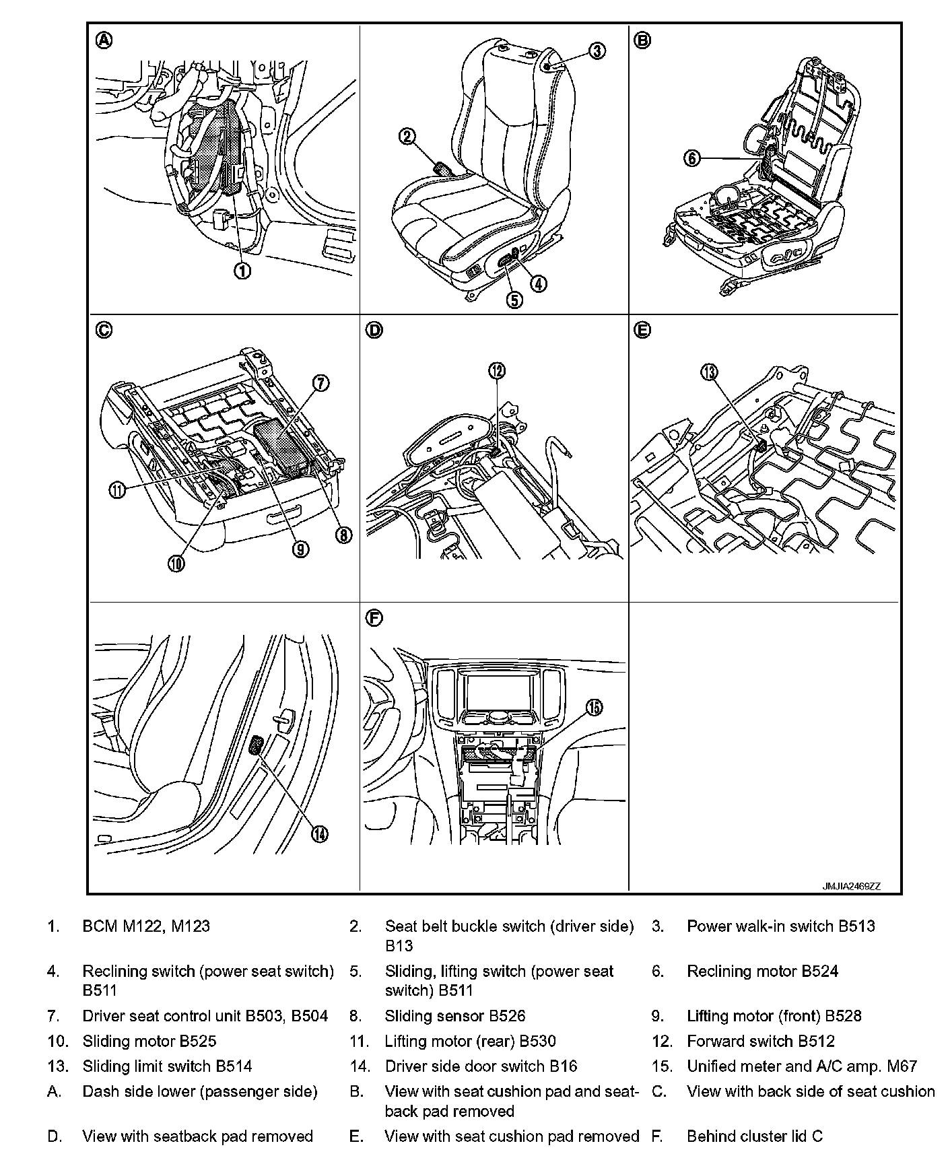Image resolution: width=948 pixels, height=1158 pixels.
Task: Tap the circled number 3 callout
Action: coord(597,50)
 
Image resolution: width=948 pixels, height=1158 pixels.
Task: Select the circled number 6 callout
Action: coord(691,159)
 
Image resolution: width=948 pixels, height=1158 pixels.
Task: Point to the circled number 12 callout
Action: coord(498,371)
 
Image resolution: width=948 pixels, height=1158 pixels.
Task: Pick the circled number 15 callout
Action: coord(594,707)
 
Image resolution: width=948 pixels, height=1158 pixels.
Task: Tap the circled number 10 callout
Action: coord(176,563)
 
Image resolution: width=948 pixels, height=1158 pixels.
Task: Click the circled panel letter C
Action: coord(104,331)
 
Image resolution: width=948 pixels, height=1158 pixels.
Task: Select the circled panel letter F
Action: coord(374,618)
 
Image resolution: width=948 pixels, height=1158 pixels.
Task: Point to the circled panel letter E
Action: coord(643,331)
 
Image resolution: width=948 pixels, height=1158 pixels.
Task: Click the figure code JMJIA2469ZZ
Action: coord(851,886)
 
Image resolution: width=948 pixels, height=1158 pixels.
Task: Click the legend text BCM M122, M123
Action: coord(146,926)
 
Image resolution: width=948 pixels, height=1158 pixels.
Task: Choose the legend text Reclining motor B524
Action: coord(762,971)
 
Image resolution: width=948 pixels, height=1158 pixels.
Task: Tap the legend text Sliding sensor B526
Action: coord(455,1016)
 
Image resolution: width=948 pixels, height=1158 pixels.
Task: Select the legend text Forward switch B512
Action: coord(761,1042)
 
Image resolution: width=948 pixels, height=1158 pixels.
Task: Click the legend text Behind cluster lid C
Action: coord(755,1136)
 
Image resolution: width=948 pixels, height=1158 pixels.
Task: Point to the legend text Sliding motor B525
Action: coord(149,1042)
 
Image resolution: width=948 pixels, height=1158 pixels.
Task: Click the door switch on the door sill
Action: coord(257,745)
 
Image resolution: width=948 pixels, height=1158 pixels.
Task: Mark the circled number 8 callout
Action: coord(343,535)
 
